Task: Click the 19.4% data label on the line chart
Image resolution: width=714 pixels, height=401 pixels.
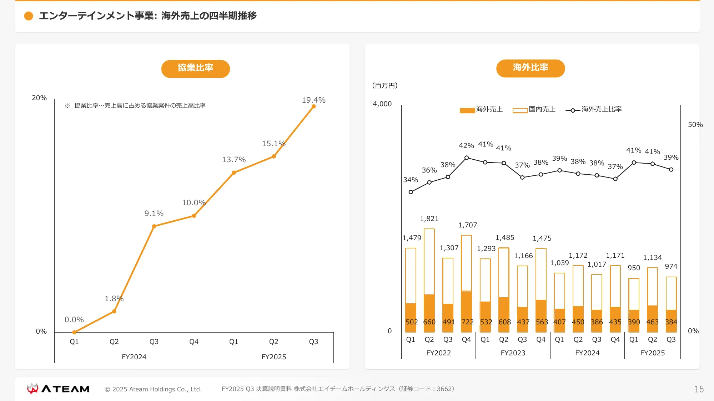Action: [313, 100]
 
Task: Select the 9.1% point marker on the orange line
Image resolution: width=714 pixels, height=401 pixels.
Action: [154, 226]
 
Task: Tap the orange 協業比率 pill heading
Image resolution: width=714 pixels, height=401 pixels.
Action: [195, 68]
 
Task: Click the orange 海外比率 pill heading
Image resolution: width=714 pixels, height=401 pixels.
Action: [530, 68]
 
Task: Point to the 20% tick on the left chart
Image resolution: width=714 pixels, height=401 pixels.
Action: [39, 98]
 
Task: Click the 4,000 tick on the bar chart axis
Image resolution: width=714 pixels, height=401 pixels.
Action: [382, 104]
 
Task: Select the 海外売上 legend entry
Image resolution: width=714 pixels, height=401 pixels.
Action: [481, 109]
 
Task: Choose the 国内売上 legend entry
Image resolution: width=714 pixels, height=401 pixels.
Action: [534, 109]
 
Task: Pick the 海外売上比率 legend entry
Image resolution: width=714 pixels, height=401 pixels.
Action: [594, 109]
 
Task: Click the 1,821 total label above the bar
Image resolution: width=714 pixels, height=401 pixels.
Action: [429, 219]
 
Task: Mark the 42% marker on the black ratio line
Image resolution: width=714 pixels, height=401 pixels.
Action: [467, 158]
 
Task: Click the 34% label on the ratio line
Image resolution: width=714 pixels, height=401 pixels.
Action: [411, 180]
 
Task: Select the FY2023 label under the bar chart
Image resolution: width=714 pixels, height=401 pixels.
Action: [513, 353]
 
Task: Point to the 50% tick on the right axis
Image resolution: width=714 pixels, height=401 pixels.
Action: [695, 125]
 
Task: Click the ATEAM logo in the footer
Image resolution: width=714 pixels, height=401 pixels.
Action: [58, 389]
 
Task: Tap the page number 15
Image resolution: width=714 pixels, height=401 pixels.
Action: [699, 389]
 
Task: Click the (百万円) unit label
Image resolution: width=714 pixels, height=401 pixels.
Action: [385, 86]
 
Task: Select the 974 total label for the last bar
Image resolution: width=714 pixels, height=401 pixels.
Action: [671, 267]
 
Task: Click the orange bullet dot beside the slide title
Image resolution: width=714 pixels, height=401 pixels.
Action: [29, 16]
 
